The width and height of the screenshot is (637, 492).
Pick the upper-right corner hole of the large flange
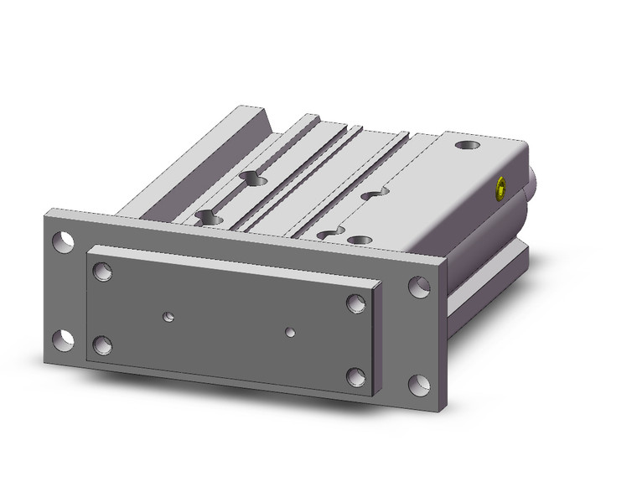click(x=418, y=287)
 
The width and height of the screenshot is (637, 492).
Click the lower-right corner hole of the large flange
click(x=418, y=385)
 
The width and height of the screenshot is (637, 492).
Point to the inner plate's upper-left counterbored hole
click(x=102, y=272)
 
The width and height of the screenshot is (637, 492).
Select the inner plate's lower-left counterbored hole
click(x=102, y=344)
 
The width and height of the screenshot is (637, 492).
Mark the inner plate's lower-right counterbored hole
click(x=355, y=377)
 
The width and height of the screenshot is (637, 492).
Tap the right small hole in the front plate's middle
click(x=290, y=332)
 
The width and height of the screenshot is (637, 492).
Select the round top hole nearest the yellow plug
click(x=467, y=147)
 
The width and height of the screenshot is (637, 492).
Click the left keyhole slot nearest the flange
click(x=208, y=218)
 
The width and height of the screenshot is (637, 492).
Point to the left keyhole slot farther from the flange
click(x=252, y=177)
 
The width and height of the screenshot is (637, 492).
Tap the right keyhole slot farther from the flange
click(x=373, y=194)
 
